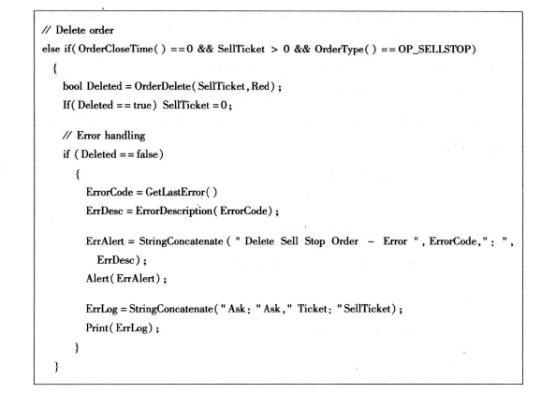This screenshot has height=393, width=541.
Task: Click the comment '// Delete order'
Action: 78,30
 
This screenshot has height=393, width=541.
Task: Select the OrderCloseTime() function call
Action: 122,49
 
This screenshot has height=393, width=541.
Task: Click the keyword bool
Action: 72,86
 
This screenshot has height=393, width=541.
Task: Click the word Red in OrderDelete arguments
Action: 260,86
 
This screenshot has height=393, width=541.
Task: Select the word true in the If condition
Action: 142,105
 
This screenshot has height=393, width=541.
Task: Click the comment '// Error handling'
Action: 104,136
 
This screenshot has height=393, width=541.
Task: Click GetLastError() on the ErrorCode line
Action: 182,192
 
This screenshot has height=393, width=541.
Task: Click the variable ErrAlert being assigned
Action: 105,241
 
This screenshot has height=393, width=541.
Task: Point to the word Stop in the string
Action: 314,241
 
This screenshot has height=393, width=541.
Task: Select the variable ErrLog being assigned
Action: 102,309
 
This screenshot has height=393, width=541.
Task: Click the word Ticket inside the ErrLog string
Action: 313,309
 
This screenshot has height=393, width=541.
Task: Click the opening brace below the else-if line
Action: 54,67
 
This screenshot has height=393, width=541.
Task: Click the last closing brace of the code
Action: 56,366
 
